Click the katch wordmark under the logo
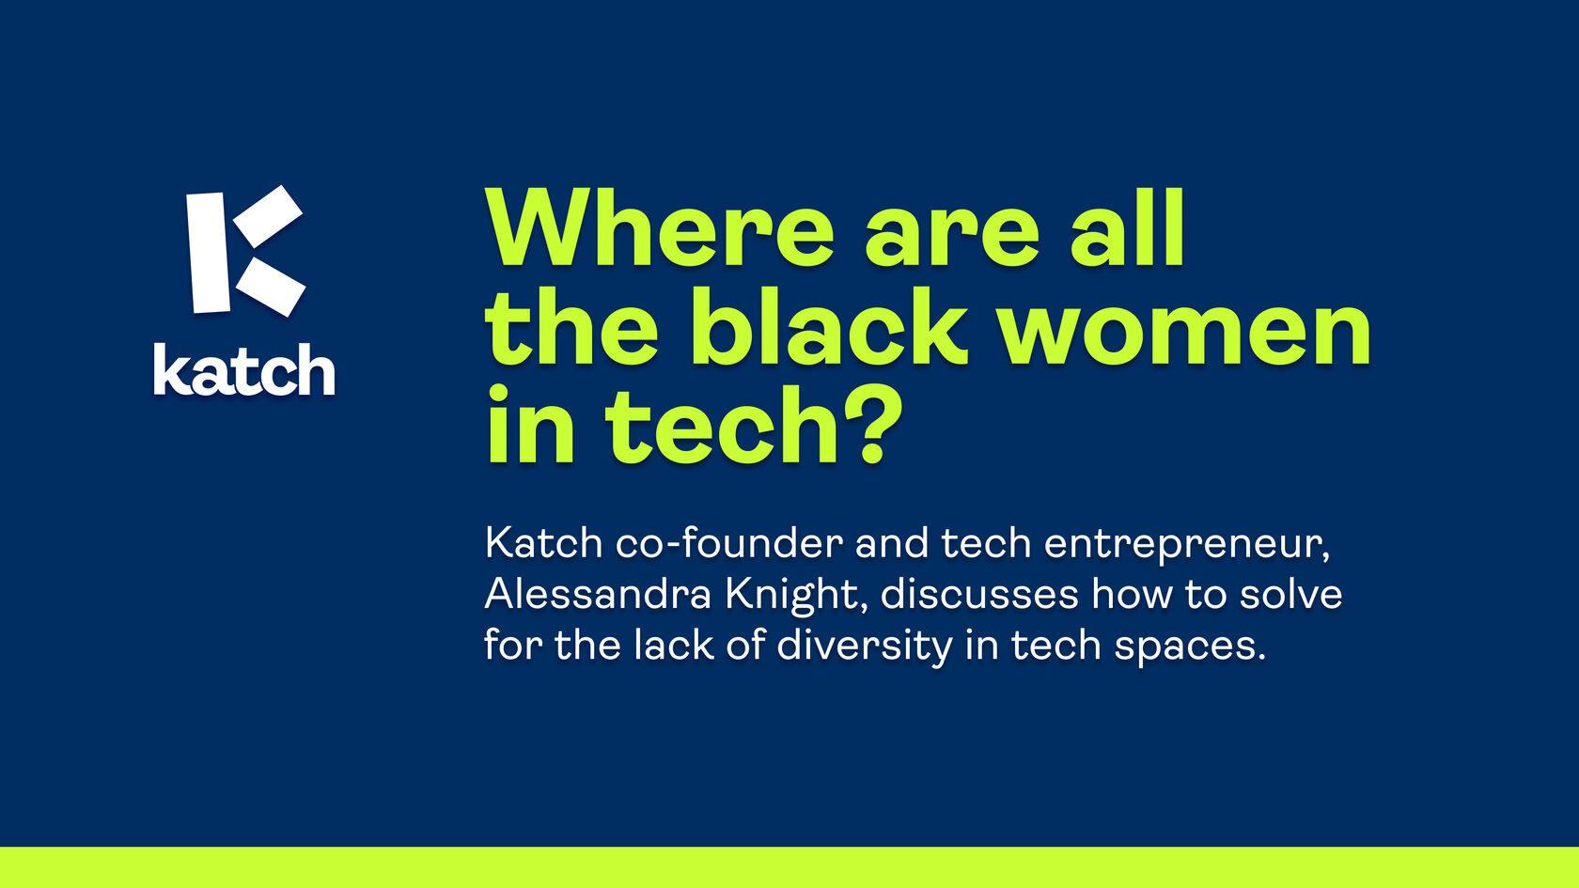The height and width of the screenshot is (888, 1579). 244,369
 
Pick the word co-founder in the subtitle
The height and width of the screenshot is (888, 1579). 729,543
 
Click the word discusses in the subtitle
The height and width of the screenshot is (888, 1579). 979,594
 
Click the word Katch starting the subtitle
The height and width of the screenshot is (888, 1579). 543,543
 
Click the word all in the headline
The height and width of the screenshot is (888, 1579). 1126,227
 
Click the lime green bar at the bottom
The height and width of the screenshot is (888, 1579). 789,866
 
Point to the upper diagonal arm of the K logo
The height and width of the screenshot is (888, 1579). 268,216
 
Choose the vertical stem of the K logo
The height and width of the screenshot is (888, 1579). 209,252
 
